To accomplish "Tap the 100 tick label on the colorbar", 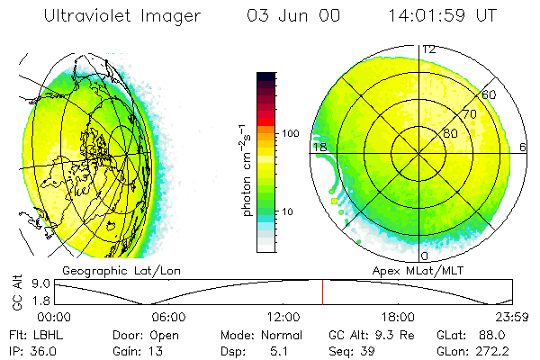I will [291, 133].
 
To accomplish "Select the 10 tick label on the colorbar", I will [289, 211].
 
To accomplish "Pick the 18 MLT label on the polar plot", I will [318, 147].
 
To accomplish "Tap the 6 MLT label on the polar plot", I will [524, 147].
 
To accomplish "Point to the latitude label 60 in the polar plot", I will [490, 94].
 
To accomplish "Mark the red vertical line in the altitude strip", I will [322, 292].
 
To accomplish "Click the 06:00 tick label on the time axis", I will [168, 317].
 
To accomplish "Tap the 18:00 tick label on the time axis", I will [398, 317].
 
